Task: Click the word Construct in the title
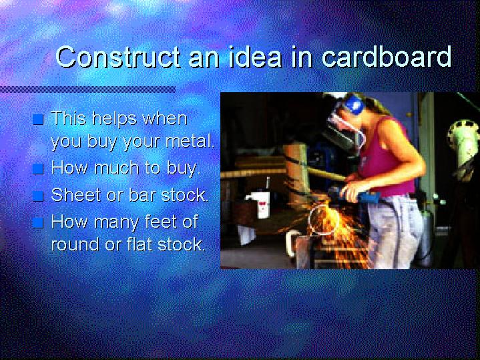pos(118,57)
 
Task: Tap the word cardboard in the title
pos(387,57)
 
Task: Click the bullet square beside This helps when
pos(38,119)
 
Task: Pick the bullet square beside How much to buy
pos(38,169)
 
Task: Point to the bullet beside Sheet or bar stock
pos(38,196)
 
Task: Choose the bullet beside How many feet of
pos(38,222)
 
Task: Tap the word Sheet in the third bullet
pos(77,194)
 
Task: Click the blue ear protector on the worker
pos(353,104)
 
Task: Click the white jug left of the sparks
pos(260,204)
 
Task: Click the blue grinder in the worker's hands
pos(355,195)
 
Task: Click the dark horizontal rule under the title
pos(88,89)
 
